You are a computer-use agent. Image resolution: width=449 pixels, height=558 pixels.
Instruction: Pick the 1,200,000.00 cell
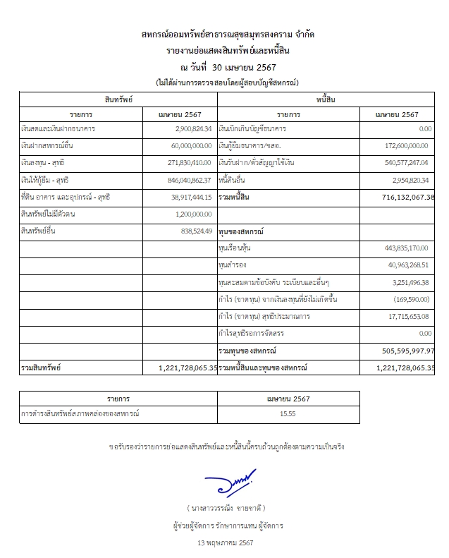pyautogui.click(x=192, y=214)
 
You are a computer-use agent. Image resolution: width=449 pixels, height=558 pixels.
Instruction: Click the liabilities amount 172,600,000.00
pyautogui.click(x=403, y=146)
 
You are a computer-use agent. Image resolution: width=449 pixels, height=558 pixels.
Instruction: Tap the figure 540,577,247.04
pyautogui.click(x=403, y=163)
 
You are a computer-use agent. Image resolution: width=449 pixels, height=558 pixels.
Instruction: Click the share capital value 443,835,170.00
pyautogui.click(x=403, y=248)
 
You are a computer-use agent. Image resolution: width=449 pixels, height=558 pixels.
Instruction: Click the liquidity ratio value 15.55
pyautogui.click(x=288, y=414)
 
